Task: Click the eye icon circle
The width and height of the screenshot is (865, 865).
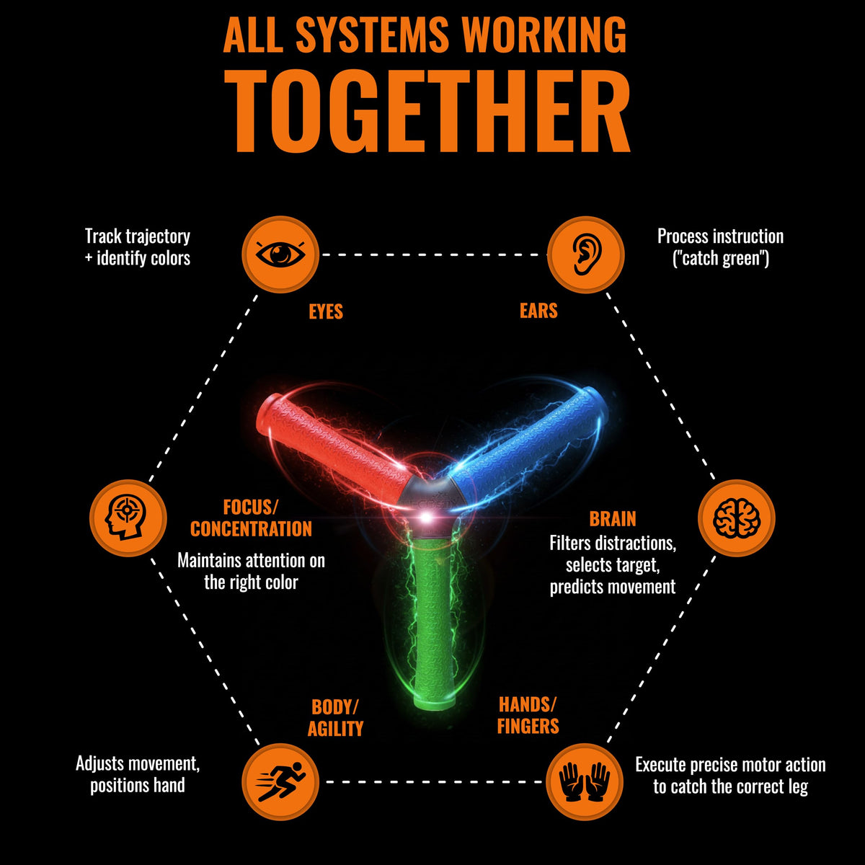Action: (x=280, y=254)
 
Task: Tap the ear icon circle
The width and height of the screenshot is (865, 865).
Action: (x=586, y=254)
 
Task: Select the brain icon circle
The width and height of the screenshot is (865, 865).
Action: (x=737, y=518)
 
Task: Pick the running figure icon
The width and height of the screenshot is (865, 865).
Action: (x=280, y=782)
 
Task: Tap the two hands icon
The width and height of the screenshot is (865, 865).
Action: (x=585, y=782)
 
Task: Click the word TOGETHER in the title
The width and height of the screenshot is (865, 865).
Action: (x=427, y=111)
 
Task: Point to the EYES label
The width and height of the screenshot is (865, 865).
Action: (x=326, y=311)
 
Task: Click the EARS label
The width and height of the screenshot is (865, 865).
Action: (x=538, y=311)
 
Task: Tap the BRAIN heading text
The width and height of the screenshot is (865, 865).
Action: (x=613, y=519)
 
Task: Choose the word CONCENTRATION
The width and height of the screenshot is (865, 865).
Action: (x=251, y=529)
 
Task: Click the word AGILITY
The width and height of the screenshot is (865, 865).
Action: (x=335, y=729)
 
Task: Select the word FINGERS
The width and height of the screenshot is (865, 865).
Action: (x=528, y=726)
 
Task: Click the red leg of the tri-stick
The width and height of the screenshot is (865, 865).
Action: (x=334, y=445)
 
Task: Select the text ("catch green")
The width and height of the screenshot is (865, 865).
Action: (x=720, y=259)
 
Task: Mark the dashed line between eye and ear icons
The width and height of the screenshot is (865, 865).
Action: (x=433, y=254)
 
